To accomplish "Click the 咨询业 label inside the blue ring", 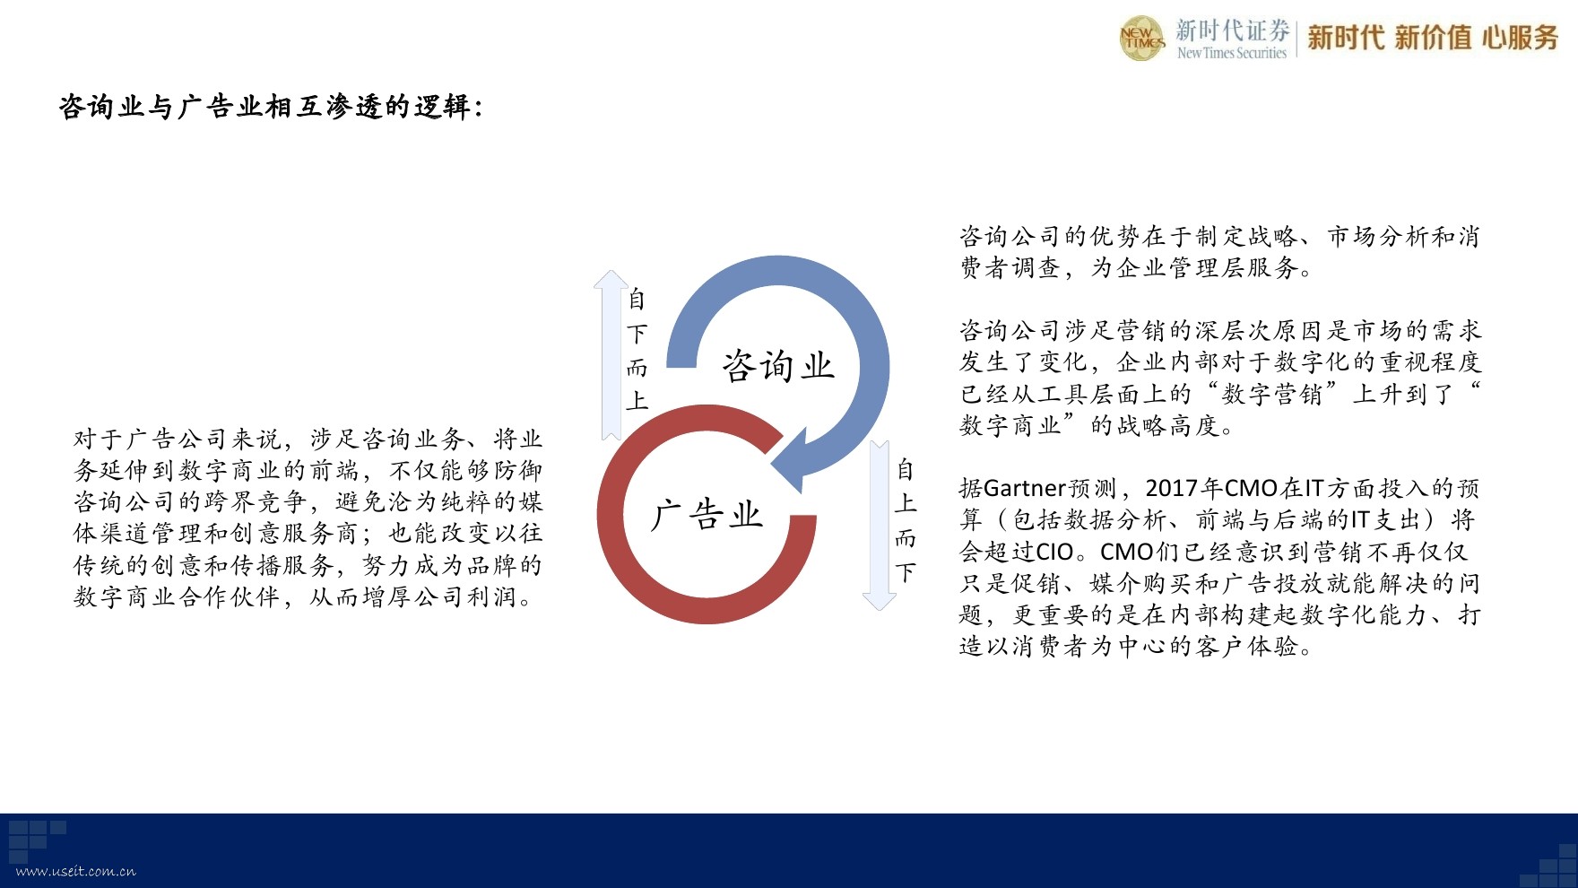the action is pos(778,366).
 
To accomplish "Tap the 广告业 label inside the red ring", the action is pos(707,515).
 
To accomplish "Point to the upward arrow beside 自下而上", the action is pos(611,355).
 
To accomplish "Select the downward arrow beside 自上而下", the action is pos(880,526).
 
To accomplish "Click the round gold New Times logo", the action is pos(1141,39).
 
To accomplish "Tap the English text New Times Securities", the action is pos(1232,53).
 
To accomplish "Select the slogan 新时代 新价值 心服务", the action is pos(1433,37).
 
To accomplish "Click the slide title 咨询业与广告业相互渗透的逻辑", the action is pos(271,107).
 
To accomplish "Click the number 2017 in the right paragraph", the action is pos(1172,489).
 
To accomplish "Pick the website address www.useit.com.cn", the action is pos(76,871).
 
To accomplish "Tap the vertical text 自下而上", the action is pos(637,350).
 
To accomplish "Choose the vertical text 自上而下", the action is pos(906,520).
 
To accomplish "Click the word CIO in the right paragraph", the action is pos(1054,552).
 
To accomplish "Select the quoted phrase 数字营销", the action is pos(1272,394).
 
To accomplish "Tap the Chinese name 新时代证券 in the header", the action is pos(1233,30).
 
